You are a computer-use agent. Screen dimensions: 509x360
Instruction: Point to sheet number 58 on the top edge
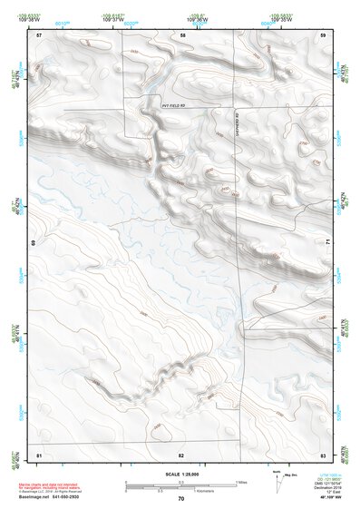pos(183,34)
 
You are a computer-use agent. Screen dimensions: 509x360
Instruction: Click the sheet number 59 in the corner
pos(323,34)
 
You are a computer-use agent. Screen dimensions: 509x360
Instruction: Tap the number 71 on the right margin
pos(326,240)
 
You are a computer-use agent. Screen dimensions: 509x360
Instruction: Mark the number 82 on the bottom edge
pos(181,453)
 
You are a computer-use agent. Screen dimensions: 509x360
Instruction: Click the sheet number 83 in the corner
pos(323,453)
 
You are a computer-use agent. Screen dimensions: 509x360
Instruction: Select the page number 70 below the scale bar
pos(181,499)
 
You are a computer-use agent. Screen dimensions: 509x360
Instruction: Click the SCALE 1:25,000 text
pos(181,474)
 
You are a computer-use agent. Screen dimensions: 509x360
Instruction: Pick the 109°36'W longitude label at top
pos(196,18)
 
